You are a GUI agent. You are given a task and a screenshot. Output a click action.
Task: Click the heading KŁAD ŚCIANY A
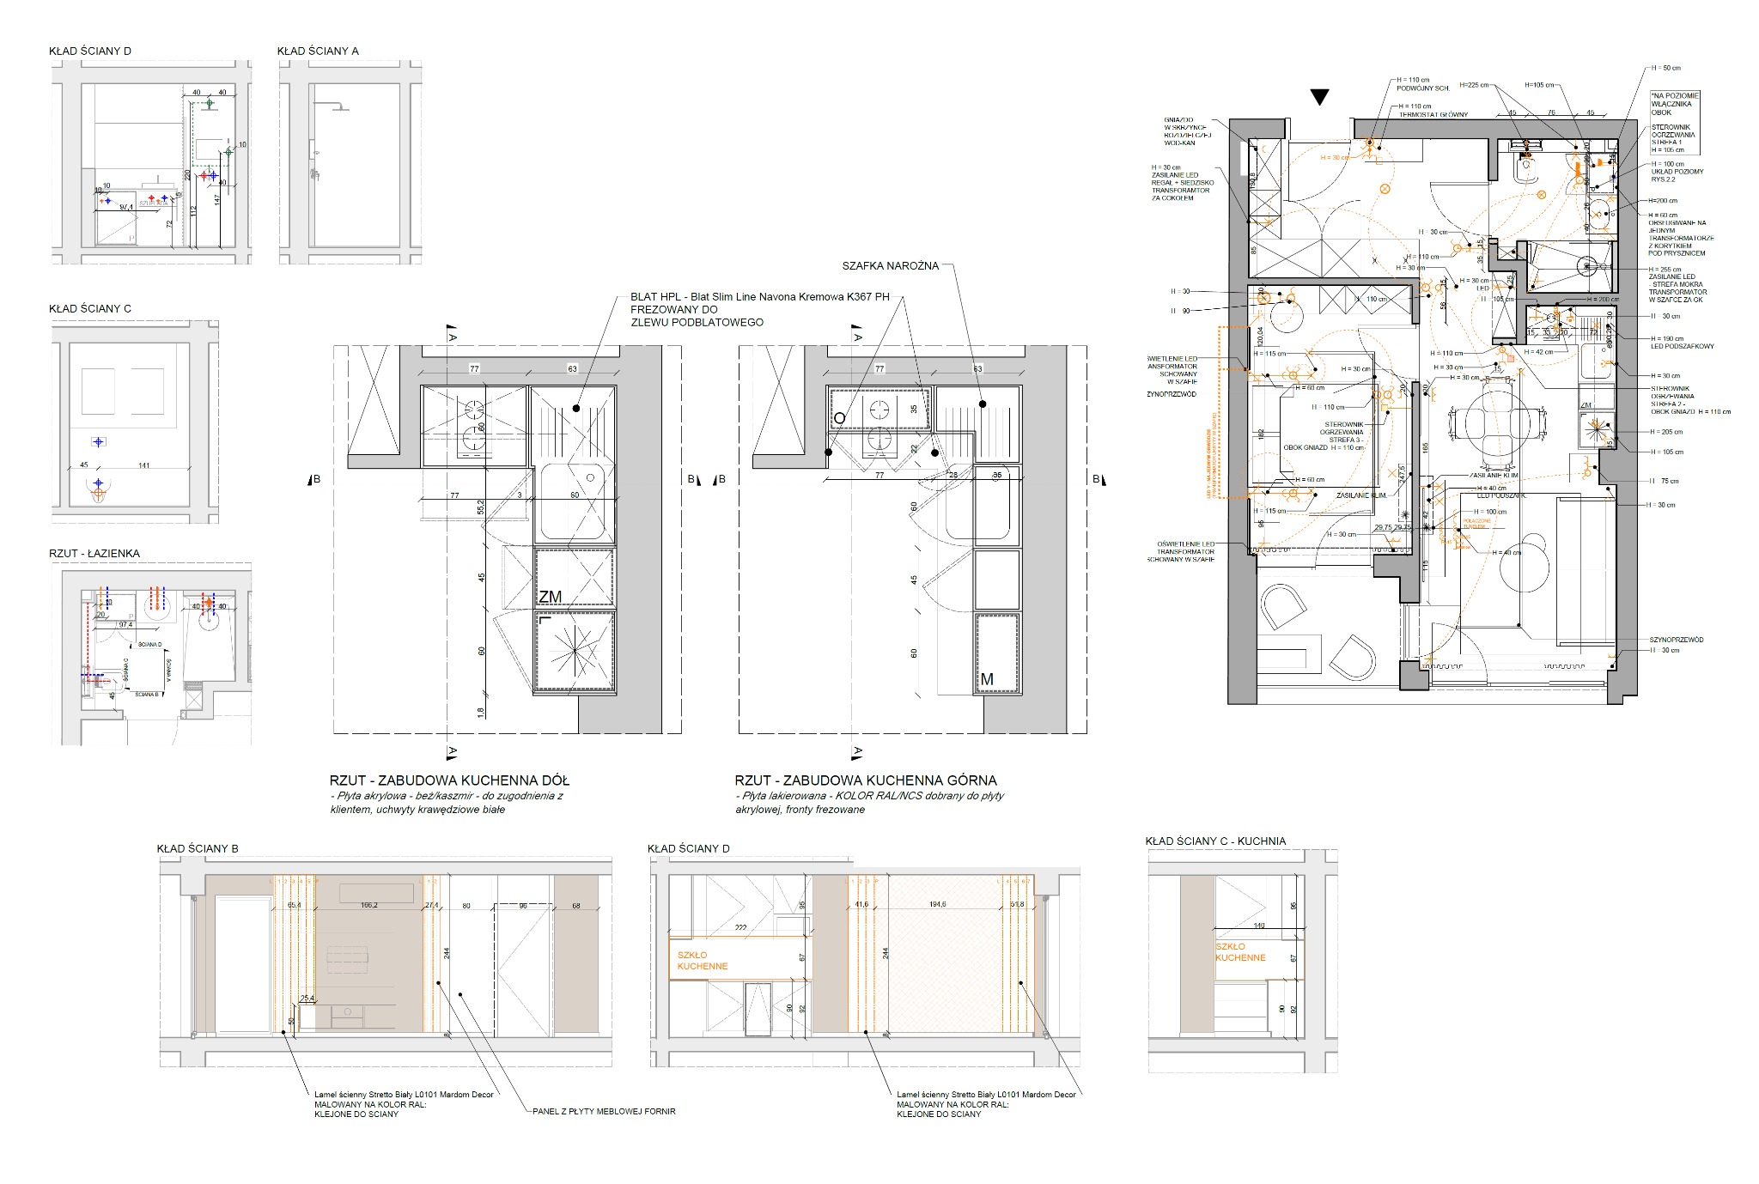pyautogui.click(x=317, y=51)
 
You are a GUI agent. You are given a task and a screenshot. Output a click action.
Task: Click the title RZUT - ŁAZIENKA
pyautogui.click(x=94, y=554)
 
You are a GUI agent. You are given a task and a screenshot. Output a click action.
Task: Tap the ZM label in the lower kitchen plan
pyautogui.click(x=550, y=597)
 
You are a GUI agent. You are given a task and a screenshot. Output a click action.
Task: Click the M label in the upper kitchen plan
pyautogui.click(x=986, y=679)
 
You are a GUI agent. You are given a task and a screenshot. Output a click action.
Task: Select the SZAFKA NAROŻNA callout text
pyautogui.click(x=891, y=266)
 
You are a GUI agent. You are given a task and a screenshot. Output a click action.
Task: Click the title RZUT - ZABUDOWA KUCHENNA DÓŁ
pyautogui.click(x=449, y=780)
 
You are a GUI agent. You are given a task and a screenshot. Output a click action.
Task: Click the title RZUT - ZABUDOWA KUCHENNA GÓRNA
pyautogui.click(x=865, y=780)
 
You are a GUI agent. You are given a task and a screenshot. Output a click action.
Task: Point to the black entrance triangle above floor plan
pyautogui.click(x=1319, y=97)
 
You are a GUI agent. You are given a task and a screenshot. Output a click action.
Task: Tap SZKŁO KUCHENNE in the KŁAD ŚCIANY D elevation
pyautogui.click(x=702, y=961)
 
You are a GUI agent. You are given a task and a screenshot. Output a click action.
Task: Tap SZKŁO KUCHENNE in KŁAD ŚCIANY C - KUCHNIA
pyautogui.click(x=1239, y=952)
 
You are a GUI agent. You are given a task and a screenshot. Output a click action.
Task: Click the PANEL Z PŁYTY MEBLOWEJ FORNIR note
pyautogui.click(x=604, y=1111)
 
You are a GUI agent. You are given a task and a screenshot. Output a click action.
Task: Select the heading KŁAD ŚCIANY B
pyautogui.click(x=198, y=848)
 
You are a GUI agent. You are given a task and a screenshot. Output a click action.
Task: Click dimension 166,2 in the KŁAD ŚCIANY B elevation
pyautogui.click(x=369, y=905)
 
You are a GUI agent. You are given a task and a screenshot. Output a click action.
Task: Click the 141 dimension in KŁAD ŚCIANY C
pyautogui.click(x=143, y=465)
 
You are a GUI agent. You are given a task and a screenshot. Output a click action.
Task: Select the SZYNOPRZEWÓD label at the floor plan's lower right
pyautogui.click(x=1676, y=640)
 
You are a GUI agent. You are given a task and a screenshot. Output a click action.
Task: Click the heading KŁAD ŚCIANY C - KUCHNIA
pyautogui.click(x=1215, y=841)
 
